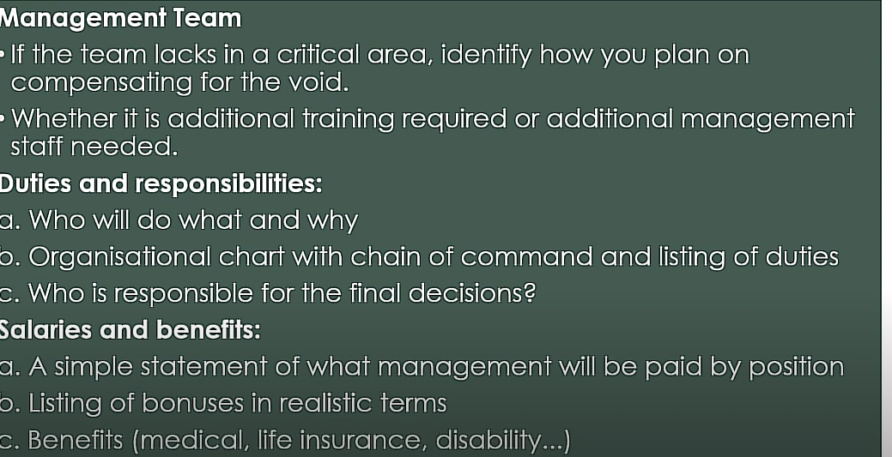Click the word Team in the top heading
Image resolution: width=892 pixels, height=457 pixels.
[208, 18]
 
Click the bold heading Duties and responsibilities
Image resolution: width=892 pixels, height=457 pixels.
[161, 184]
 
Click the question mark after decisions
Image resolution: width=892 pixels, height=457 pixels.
[529, 293]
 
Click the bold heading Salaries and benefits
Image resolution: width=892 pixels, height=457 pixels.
[130, 330]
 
